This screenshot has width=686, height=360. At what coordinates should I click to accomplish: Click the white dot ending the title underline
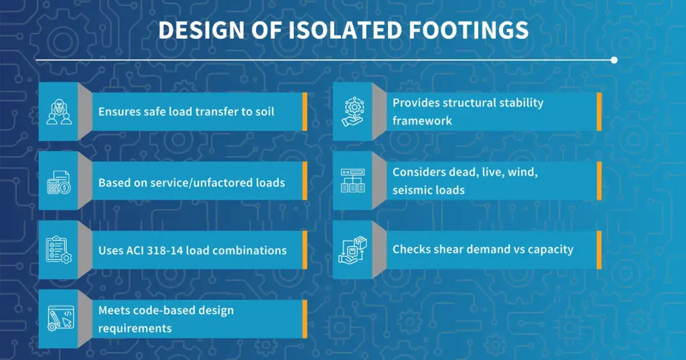[614, 60]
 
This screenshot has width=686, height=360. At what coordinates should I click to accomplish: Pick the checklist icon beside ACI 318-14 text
[58, 251]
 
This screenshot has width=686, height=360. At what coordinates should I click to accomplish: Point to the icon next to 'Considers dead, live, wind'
[352, 181]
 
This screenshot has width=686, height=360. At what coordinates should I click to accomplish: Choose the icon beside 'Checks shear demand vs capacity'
[352, 249]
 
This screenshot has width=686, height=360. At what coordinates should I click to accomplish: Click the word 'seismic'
[411, 190]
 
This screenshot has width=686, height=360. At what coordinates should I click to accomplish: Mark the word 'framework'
[422, 121]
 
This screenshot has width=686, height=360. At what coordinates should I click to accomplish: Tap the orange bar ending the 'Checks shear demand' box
[599, 249]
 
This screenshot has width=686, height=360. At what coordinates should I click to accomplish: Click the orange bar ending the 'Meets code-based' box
[305, 319]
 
